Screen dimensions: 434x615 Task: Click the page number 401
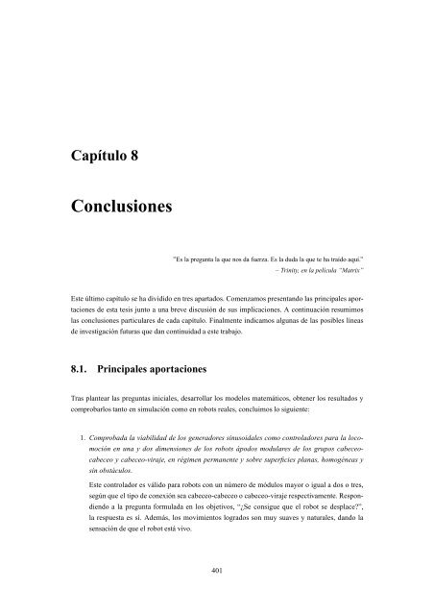pos(217,570)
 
